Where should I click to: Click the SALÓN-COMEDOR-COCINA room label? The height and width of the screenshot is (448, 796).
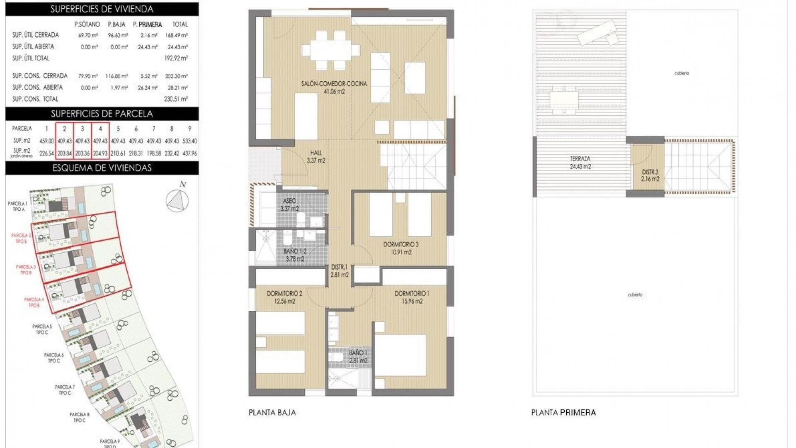[334, 84]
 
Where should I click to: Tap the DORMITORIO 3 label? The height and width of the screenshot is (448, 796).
[400, 245]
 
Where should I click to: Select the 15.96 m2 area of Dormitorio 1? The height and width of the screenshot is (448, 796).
[412, 302]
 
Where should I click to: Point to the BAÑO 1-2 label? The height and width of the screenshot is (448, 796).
[295, 251]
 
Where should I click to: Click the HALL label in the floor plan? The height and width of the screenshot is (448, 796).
[316, 153]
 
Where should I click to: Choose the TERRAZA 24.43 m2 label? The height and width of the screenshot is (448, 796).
[580, 162]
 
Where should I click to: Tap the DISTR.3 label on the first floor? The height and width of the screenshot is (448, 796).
[650, 172]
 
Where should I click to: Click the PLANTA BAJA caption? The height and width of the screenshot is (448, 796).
[272, 413]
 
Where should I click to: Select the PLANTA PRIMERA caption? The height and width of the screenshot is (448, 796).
[563, 413]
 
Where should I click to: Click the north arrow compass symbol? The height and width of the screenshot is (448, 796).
[177, 200]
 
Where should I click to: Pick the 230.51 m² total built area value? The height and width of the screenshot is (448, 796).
[176, 99]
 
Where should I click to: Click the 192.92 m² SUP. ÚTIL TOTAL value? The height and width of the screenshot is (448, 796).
[176, 58]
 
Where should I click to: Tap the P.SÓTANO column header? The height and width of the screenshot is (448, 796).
[87, 24]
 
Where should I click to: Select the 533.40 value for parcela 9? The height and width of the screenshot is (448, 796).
[189, 141]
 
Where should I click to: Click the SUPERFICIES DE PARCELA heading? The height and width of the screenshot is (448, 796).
[102, 114]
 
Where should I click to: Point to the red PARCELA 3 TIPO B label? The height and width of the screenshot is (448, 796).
[26, 270]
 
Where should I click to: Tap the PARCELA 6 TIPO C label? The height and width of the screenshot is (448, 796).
[53, 358]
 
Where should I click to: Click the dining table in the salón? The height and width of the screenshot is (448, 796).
[330, 50]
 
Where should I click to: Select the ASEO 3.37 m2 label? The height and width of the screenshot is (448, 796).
[289, 205]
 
